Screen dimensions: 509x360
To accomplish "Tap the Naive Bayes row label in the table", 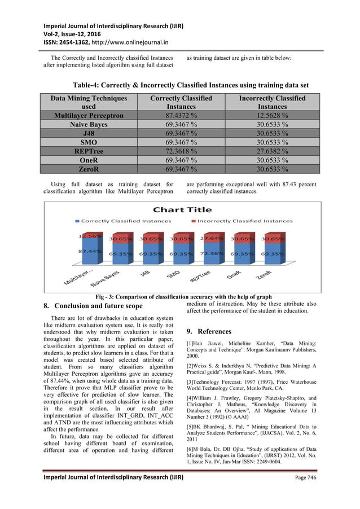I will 89,124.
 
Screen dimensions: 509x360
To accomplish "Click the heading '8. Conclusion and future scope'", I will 93,306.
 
